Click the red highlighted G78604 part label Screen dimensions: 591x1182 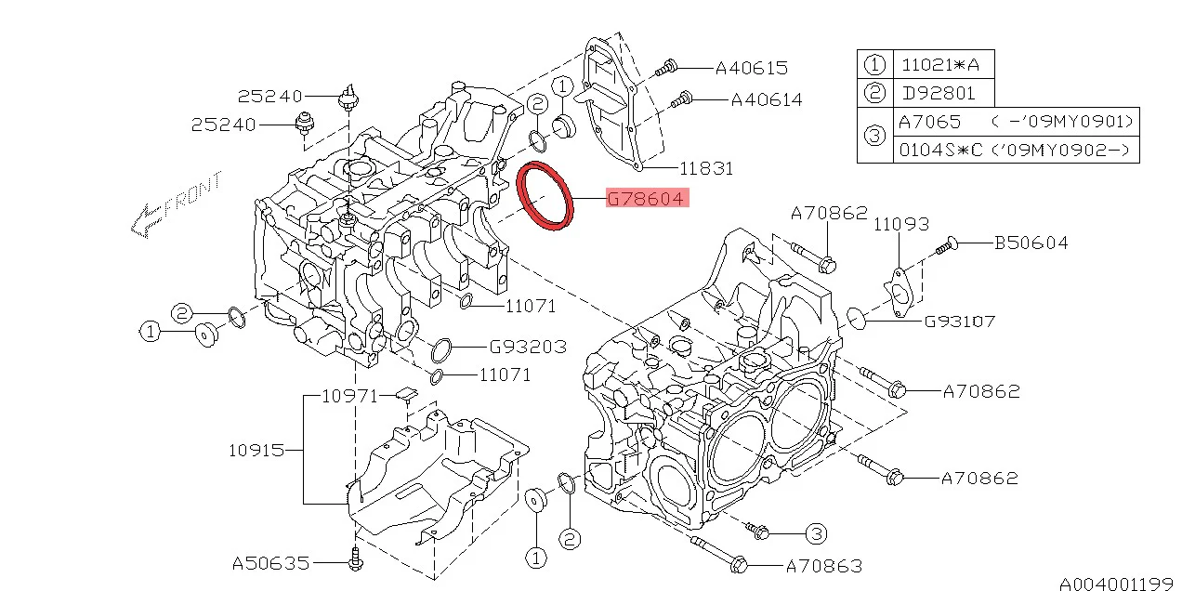point(646,199)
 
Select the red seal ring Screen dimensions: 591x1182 point(545,195)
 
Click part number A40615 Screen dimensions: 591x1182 point(751,68)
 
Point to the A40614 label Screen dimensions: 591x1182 point(766,99)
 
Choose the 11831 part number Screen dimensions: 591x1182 point(706,168)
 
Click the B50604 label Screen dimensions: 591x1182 point(1031,243)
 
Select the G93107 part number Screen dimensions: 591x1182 point(960,322)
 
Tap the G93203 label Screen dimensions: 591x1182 point(528,347)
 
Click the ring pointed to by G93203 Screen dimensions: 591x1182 point(441,350)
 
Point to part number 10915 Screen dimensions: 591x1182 point(256,451)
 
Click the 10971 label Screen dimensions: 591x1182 point(349,396)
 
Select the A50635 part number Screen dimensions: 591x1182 point(269,563)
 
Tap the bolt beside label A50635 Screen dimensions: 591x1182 point(355,559)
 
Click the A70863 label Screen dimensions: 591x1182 point(824,565)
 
